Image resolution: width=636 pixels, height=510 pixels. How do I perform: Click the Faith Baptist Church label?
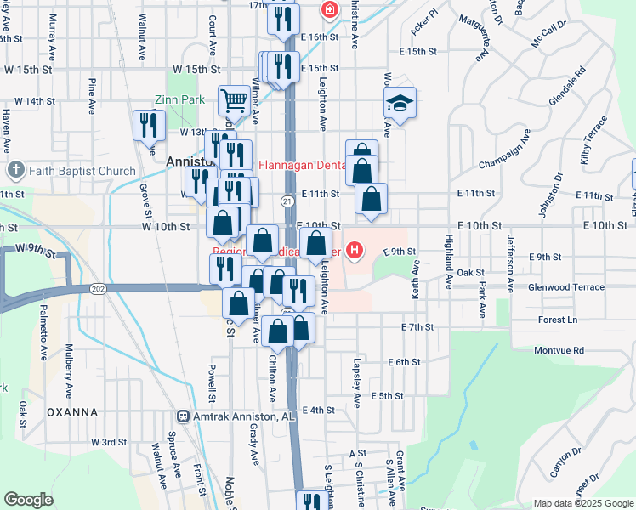click(x=81, y=171)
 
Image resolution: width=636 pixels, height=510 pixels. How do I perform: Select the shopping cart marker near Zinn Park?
click(x=234, y=101)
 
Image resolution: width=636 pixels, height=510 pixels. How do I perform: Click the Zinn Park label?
click(x=179, y=99)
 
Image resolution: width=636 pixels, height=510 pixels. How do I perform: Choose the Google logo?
click(x=28, y=500)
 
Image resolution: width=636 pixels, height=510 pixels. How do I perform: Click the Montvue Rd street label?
click(x=559, y=350)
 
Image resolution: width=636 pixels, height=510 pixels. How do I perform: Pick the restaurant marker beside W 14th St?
click(x=150, y=125)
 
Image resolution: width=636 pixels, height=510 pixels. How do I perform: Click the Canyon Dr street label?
click(x=565, y=462)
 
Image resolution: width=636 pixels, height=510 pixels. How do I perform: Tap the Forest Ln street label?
click(x=557, y=320)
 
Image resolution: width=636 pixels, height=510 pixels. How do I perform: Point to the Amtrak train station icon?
click(x=182, y=416)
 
